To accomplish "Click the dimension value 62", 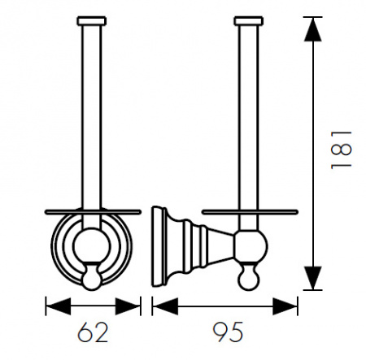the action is [x=93, y=332].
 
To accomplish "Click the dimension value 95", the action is [x=228, y=332].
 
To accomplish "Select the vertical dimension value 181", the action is [x=341, y=150].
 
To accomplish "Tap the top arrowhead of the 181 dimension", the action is [x=313, y=29].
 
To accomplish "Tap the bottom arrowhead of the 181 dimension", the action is [x=313, y=278].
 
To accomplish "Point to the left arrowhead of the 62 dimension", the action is [x=59, y=306].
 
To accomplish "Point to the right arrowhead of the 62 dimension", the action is [x=128, y=306].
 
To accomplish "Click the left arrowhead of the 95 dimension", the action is [x=165, y=306].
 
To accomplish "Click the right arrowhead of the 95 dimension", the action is [x=285, y=306].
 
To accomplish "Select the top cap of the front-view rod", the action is [x=92, y=21].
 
